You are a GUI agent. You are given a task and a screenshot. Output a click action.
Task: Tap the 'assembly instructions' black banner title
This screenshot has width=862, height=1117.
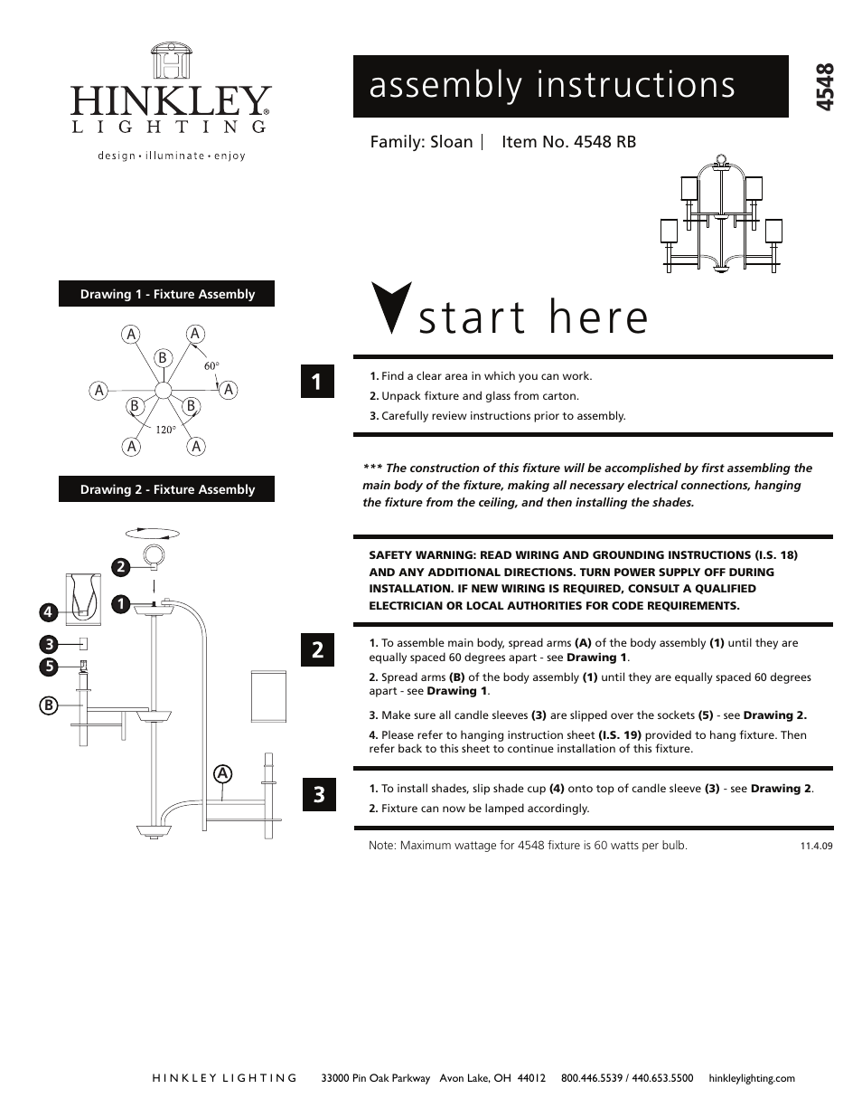click(552, 85)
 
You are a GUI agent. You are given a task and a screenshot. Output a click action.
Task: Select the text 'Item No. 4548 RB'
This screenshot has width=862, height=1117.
click(568, 142)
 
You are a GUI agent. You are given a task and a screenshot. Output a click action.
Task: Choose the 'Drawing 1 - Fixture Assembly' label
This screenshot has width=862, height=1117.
click(167, 294)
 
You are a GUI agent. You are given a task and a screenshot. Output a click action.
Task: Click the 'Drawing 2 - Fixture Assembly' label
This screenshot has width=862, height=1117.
click(167, 489)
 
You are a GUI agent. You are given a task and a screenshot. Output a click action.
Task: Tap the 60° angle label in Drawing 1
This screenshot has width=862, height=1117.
click(211, 365)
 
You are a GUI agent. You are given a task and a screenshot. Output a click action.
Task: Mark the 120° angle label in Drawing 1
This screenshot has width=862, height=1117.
click(164, 430)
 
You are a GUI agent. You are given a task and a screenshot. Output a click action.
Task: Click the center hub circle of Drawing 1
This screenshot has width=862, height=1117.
click(164, 391)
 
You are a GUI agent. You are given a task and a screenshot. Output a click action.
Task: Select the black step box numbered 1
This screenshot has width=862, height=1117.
click(318, 382)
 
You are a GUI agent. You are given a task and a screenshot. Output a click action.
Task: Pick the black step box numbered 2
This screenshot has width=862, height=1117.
click(318, 649)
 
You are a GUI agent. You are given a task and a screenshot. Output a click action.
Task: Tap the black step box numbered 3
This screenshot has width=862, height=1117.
click(318, 795)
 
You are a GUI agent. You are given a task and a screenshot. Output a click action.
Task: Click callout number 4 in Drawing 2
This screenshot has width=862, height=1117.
click(48, 612)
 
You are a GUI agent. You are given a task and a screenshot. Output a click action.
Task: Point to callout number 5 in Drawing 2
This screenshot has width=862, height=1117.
click(48, 667)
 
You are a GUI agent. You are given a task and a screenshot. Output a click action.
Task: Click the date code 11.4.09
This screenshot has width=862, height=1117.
click(815, 847)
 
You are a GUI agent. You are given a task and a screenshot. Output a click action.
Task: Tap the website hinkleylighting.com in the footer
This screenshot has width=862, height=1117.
click(752, 1078)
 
